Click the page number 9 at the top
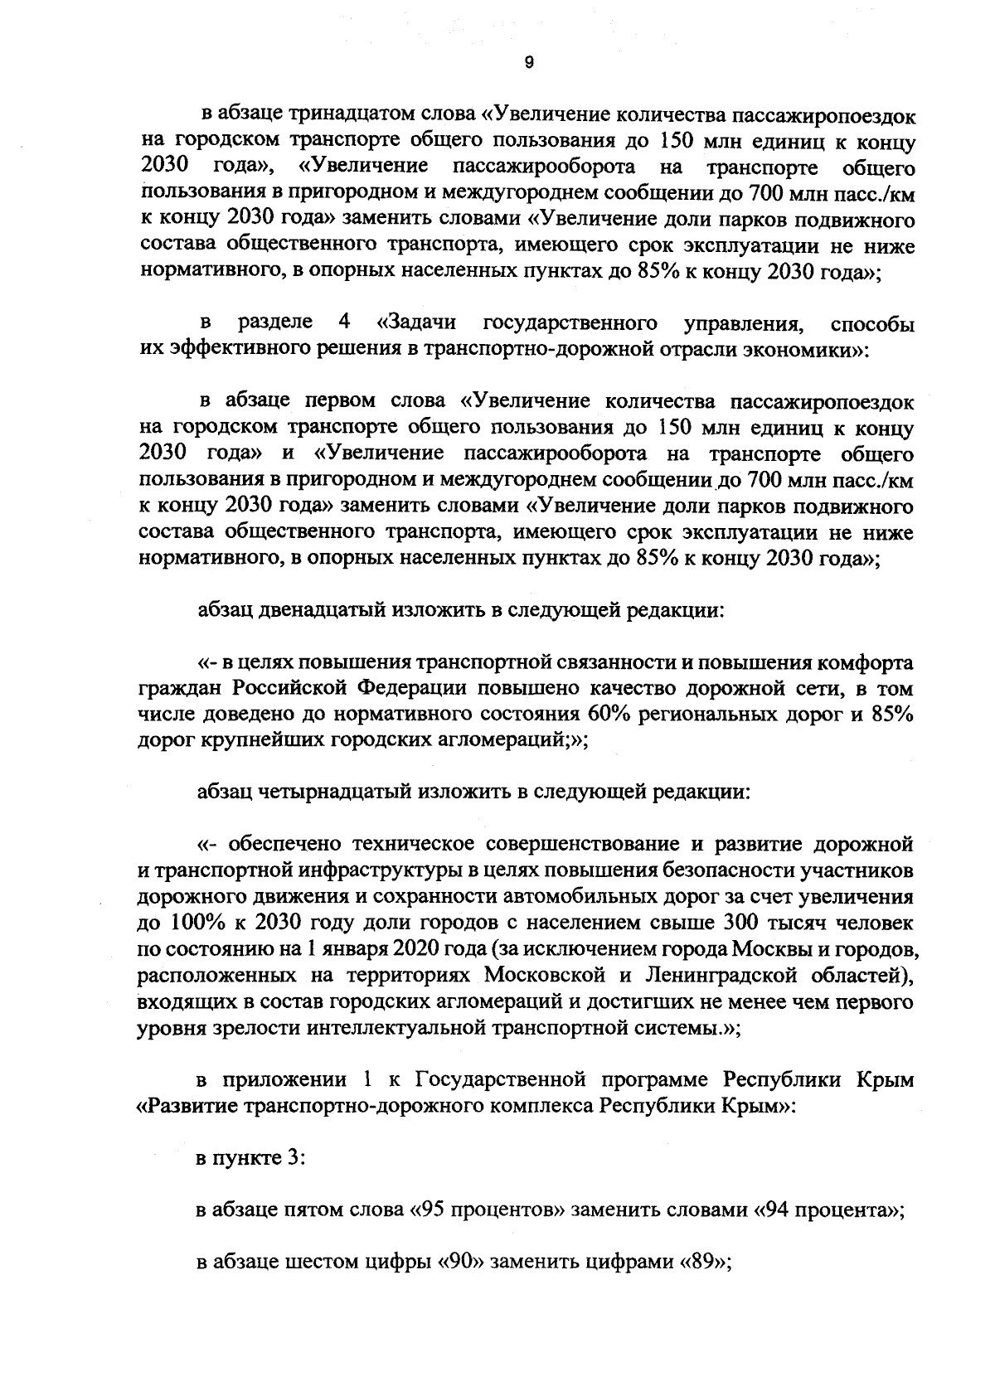[x=529, y=61]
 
